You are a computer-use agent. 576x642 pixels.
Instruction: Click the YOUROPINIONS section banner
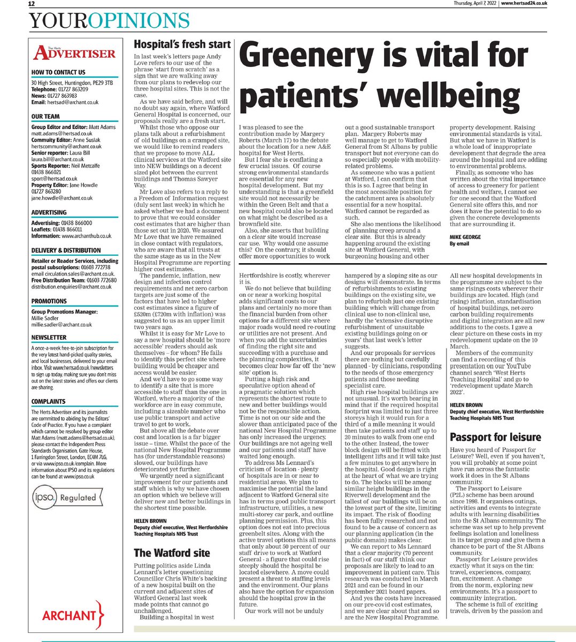pyautogui.click(x=110, y=21)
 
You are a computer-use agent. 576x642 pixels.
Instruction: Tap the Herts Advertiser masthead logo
pyautogui.click(x=74, y=53)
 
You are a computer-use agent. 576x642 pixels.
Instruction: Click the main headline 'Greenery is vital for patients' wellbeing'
pyautogui.click(x=380, y=78)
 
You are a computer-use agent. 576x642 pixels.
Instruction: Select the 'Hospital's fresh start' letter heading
pyautogui.click(x=182, y=44)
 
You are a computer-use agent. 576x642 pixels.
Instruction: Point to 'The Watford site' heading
pyautogui.click(x=172, y=553)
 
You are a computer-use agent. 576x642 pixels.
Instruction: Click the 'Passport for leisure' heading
pyautogui.click(x=495, y=437)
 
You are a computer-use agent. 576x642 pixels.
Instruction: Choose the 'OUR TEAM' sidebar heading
pyautogui.click(x=45, y=117)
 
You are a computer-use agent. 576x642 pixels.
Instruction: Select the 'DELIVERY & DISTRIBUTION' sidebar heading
pyautogui.click(x=66, y=250)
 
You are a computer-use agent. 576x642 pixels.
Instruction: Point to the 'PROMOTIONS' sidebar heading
pyautogui.click(x=49, y=301)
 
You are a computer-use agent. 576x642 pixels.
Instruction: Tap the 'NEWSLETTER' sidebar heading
pyautogui.click(x=49, y=338)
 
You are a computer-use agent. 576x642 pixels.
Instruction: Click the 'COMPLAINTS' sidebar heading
pyautogui.click(x=49, y=386)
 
